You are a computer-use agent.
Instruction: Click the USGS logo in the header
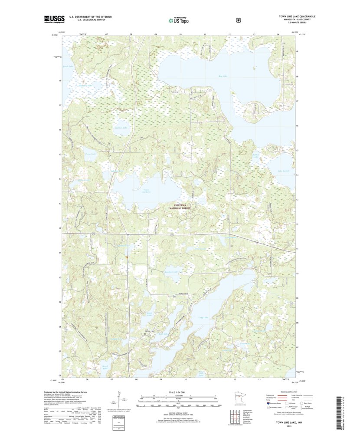pyautogui.click(x=53, y=19)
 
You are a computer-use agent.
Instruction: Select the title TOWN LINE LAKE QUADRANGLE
pyautogui.click(x=297, y=16)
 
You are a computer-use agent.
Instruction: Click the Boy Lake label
pyautogui.click(x=223, y=76)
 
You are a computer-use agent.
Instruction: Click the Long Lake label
pyautogui.click(x=203, y=318)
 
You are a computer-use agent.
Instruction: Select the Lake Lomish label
pyautogui.click(x=283, y=171)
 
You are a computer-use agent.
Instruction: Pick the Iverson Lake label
pyautogui.click(x=121, y=128)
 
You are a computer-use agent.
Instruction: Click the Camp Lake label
pyautogui.click(x=90, y=154)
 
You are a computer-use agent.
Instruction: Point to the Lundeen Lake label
pyautogui.click(x=172, y=272)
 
